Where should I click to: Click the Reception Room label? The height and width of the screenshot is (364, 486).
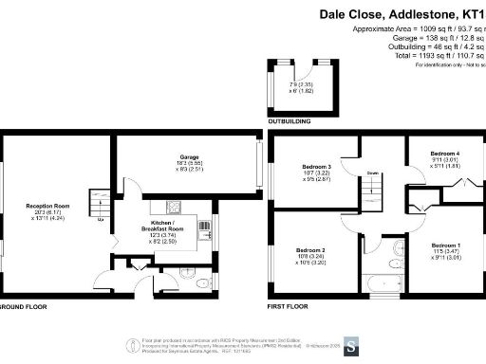pos(48,204)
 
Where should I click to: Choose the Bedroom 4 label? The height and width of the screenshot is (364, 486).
pos(444,154)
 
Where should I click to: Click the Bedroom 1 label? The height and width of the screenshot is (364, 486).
pos(445,246)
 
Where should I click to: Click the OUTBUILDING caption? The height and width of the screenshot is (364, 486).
pos(290,120)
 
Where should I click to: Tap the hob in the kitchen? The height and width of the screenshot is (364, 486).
pos(175,206)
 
